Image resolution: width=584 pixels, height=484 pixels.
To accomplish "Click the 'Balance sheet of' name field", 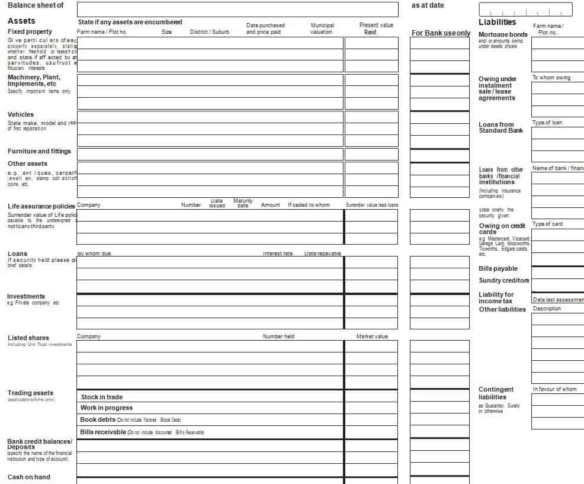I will click(x=237, y=9).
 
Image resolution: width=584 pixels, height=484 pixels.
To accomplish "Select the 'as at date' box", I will click(x=525, y=9).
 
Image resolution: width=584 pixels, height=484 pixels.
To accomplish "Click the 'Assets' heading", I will click(x=21, y=21).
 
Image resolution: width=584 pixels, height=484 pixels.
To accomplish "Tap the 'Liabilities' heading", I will click(x=498, y=22).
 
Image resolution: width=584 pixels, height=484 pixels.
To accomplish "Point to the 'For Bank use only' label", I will click(x=441, y=33).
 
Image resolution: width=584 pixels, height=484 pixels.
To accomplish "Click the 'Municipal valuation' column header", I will click(x=322, y=28).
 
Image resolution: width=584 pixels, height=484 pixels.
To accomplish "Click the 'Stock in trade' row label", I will click(x=102, y=397).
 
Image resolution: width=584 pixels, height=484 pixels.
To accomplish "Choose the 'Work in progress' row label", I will click(x=107, y=408).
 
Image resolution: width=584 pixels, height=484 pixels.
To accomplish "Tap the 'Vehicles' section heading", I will click(x=21, y=114).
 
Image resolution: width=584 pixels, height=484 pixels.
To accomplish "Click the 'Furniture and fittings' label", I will click(x=39, y=151).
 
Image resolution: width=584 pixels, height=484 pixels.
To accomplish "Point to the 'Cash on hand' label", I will click(x=29, y=477).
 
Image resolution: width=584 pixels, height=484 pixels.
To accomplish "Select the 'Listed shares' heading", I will click(x=28, y=338).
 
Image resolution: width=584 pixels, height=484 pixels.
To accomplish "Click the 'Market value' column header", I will click(x=372, y=336).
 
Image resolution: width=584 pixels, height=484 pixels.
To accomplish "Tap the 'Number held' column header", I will click(x=278, y=336).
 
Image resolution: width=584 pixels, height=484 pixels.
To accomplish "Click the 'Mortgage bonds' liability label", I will click(x=503, y=34).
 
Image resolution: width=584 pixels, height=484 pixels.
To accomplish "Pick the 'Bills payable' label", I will click(x=498, y=268).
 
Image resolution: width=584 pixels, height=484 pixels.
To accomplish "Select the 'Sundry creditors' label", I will click(x=504, y=280).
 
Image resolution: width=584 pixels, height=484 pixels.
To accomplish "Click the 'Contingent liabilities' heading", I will click(x=496, y=393).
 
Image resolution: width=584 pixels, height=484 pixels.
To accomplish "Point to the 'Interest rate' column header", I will click(x=278, y=254).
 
